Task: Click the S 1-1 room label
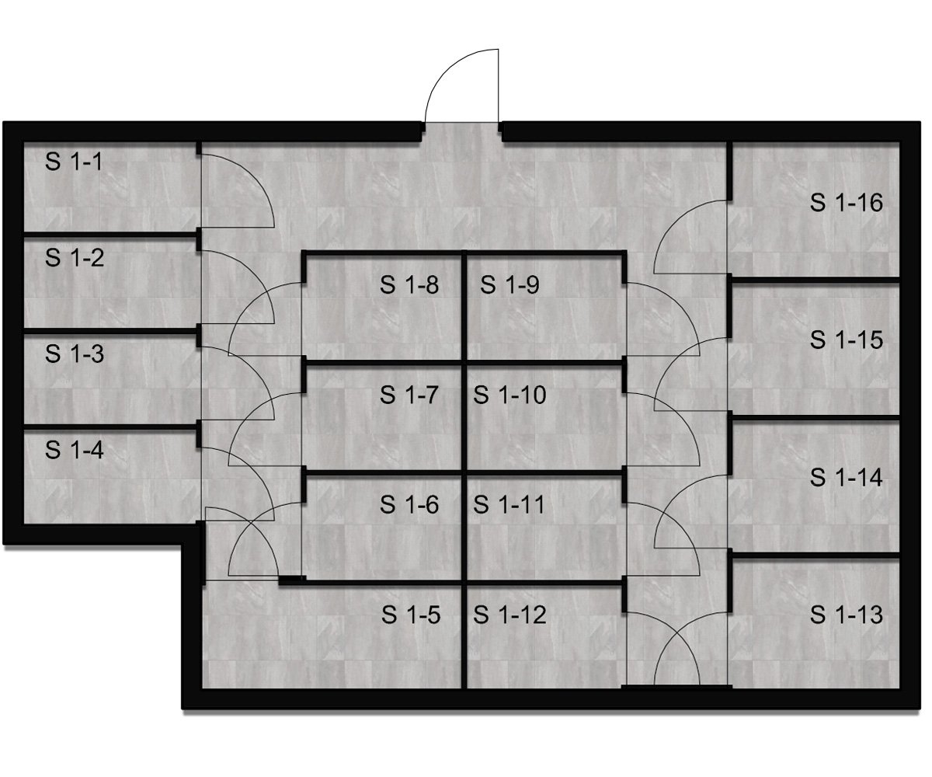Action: click(x=74, y=162)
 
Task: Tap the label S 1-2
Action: click(x=75, y=258)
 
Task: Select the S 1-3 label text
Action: click(x=75, y=354)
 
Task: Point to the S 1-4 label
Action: click(x=75, y=450)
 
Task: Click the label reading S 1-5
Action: click(x=411, y=615)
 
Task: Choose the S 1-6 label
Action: click(x=409, y=504)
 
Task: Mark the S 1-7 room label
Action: click(x=409, y=395)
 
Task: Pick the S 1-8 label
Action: click(x=409, y=285)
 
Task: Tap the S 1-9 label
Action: click(x=509, y=285)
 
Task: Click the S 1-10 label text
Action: click(x=509, y=395)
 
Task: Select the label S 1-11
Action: click(x=509, y=504)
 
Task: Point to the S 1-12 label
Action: click(x=509, y=615)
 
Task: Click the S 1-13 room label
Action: click(x=847, y=615)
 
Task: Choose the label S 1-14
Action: click(x=847, y=477)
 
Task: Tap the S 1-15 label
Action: click(x=847, y=340)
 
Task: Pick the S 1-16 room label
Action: click(x=847, y=202)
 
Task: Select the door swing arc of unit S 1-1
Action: click(x=253, y=176)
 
